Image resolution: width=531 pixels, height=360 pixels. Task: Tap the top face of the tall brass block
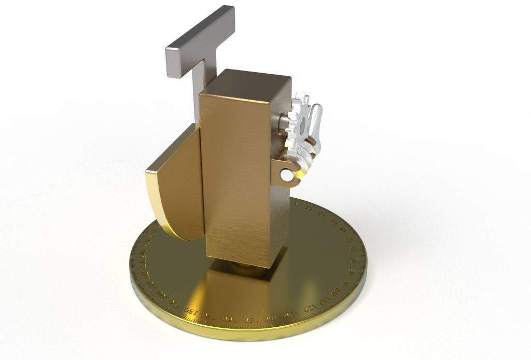(x=245, y=84)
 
